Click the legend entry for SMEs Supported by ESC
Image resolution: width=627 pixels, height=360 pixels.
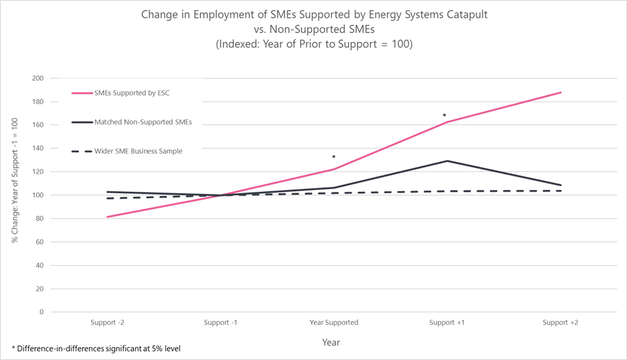click(x=131, y=93)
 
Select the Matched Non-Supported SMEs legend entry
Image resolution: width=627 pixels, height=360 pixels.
click(x=143, y=122)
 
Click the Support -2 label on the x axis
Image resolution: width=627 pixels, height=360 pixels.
click(x=107, y=322)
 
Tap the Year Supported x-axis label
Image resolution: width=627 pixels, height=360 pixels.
click(x=333, y=322)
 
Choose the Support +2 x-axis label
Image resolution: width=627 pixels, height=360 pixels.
click(x=560, y=322)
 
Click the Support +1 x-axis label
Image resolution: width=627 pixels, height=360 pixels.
click(x=447, y=322)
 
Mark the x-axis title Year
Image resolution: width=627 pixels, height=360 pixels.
click(x=331, y=343)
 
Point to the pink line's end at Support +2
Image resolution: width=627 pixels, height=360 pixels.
click(x=561, y=92)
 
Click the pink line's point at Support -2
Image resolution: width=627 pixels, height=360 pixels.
click(x=107, y=217)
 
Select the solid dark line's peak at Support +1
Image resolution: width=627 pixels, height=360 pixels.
click(x=447, y=161)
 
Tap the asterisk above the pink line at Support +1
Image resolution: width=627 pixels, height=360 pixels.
click(x=444, y=116)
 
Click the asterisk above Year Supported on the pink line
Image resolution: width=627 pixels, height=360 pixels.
click(x=333, y=157)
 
